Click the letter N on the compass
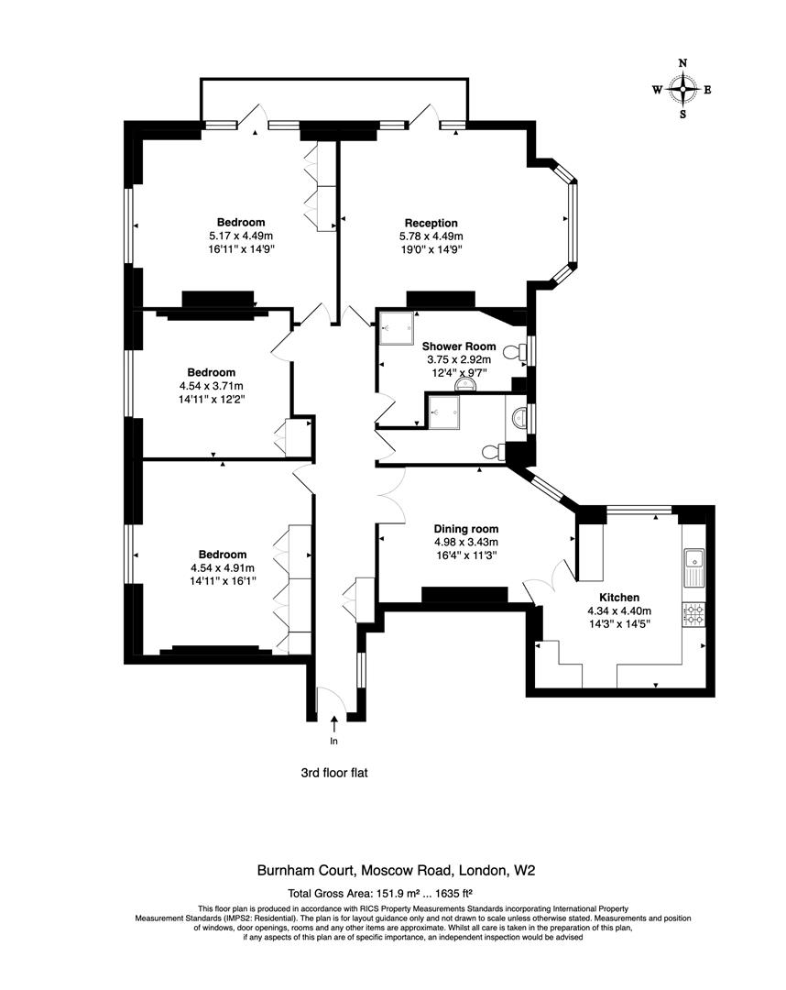click(x=682, y=63)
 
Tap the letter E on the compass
click(x=708, y=90)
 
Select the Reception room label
click(x=431, y=223)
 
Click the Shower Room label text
click(x=458, y=346)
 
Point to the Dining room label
click(x=466, y=529)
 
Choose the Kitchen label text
click(x=619, y=597)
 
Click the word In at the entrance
click(x=333, y=741)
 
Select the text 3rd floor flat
click(x=334, y=773)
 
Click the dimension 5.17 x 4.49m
click(x=241, y=236)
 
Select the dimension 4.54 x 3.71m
click(x=212, y=386)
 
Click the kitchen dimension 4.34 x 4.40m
click(x=619, y=610)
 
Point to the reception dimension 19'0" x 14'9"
click(x=431, y=248)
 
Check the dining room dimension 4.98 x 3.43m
click(x=466, y=542)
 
